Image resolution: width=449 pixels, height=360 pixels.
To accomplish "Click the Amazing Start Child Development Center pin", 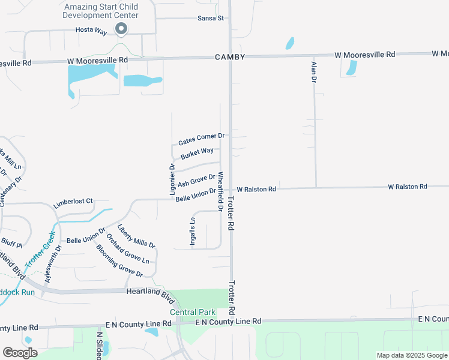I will [x=121, y=29].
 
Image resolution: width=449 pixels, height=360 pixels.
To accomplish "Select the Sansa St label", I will [x=210, y=18].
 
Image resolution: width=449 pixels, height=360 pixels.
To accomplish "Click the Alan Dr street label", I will [x=313, y=71].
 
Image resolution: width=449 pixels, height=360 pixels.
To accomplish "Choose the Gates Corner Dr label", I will [x=201, y=140].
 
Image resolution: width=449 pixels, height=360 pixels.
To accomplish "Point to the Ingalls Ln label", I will [x=193, y=228].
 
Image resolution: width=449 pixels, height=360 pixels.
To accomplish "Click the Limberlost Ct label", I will [x=73, y=202].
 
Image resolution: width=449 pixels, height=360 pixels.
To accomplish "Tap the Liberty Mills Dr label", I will [x=136, y=236].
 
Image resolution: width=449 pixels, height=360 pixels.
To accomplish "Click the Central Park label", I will [x=192, y=312].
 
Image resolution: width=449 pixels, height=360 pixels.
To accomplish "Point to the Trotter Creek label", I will [x=40, y=249].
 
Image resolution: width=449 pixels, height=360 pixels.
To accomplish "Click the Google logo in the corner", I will [x=20, y=352].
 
